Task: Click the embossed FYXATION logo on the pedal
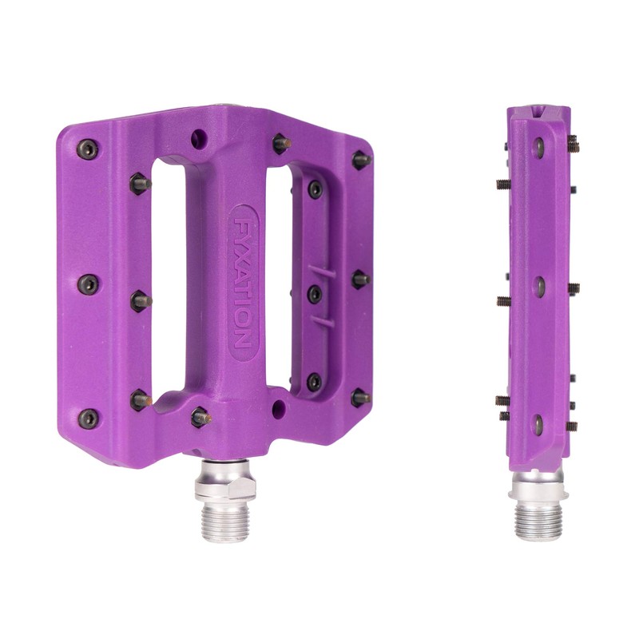point(243,284)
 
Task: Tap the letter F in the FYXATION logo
point(243,219)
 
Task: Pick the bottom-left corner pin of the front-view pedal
point(89,418)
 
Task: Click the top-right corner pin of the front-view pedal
point(360,159)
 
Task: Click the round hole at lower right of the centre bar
point(279,409)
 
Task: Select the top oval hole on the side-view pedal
point(539,145)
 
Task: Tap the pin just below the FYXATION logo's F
point(200,415)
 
